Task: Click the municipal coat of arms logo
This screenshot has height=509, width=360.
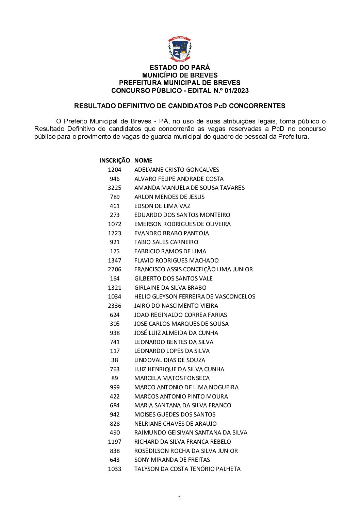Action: click(180, 50)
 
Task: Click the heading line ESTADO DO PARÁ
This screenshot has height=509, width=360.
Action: click(180, 68)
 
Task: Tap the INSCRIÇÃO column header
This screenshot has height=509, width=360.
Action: click(115, 160)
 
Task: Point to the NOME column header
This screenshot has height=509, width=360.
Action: click(143, 160)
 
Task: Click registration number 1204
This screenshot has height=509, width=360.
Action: click(114, 170)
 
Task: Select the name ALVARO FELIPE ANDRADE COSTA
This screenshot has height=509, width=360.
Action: click(179, 179)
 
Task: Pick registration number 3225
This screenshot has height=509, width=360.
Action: click(114, 188)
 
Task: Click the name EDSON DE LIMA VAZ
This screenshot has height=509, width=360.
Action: click(162, 206)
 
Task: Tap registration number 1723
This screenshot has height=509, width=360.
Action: click(114, 233)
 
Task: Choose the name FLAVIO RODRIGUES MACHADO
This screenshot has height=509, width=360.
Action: click(176, 260)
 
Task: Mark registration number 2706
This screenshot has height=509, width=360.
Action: click(114, 269)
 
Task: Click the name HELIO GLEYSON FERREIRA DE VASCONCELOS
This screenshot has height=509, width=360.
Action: click(195, 296)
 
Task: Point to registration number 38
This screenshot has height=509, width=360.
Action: click(115, 360)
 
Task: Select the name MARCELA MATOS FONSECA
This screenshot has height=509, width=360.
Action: click(172, 378)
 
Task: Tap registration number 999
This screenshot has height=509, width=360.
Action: click(115, 387)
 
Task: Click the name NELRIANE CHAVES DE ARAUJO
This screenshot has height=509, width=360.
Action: click(175, 424)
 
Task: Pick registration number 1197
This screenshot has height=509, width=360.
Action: click(114, 442)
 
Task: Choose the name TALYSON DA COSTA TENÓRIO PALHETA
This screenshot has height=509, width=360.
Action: click(187, 469)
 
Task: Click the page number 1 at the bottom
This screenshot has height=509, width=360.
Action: click(179, 498)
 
